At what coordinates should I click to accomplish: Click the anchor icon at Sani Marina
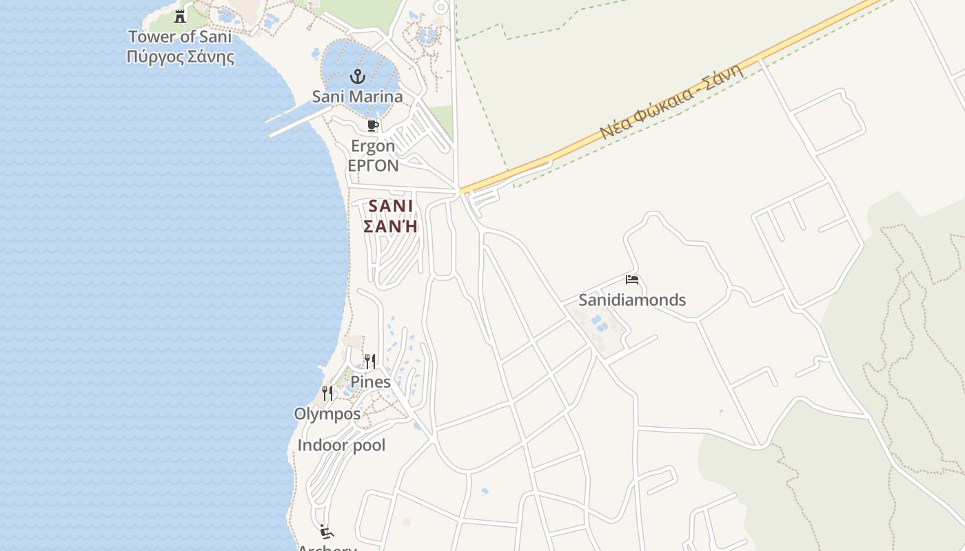pyautogui.click(x=357, y=76)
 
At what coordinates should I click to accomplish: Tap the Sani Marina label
pyautogui.click(x=357, y=96)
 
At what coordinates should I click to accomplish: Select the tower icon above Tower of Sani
pyautogui.click(x=180, y=16)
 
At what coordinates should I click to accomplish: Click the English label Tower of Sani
pyautogui.click(x=180, y=37)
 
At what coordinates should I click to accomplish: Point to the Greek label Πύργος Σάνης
pyautogui.click(x=180, y=56)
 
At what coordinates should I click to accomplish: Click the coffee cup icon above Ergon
pyautogui.click(x=373, y=125)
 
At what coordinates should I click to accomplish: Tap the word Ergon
pyautogui.click(x=373, y=146)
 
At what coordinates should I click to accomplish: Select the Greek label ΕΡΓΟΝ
pyautogui.click(x=373, y=166)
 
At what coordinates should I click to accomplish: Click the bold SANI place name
pyautogui.click(x=391, y=206)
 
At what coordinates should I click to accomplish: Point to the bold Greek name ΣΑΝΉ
pyautogui.click(x=391, y=226)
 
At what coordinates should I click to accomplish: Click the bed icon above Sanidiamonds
pyautogui.click(x=632, y=280)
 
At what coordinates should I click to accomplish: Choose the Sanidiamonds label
pyautogui.click(x=632, y=300)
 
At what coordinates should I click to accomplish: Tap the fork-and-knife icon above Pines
pyautogui.click(x=370, y=362)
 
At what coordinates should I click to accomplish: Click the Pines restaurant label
pyautogui.click(x=370, y=382)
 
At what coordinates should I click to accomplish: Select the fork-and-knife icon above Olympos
pyautogui.click(x=327, y=393)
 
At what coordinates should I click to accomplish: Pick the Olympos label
pyautogui.click(x=327, y=414)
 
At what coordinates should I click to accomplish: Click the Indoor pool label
pyautogui.click(x=341, y=446)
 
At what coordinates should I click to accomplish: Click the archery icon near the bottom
pyautogui.click(x=327, y=532)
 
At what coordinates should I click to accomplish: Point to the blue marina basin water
pyautogui.click(x=338, y=59)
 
